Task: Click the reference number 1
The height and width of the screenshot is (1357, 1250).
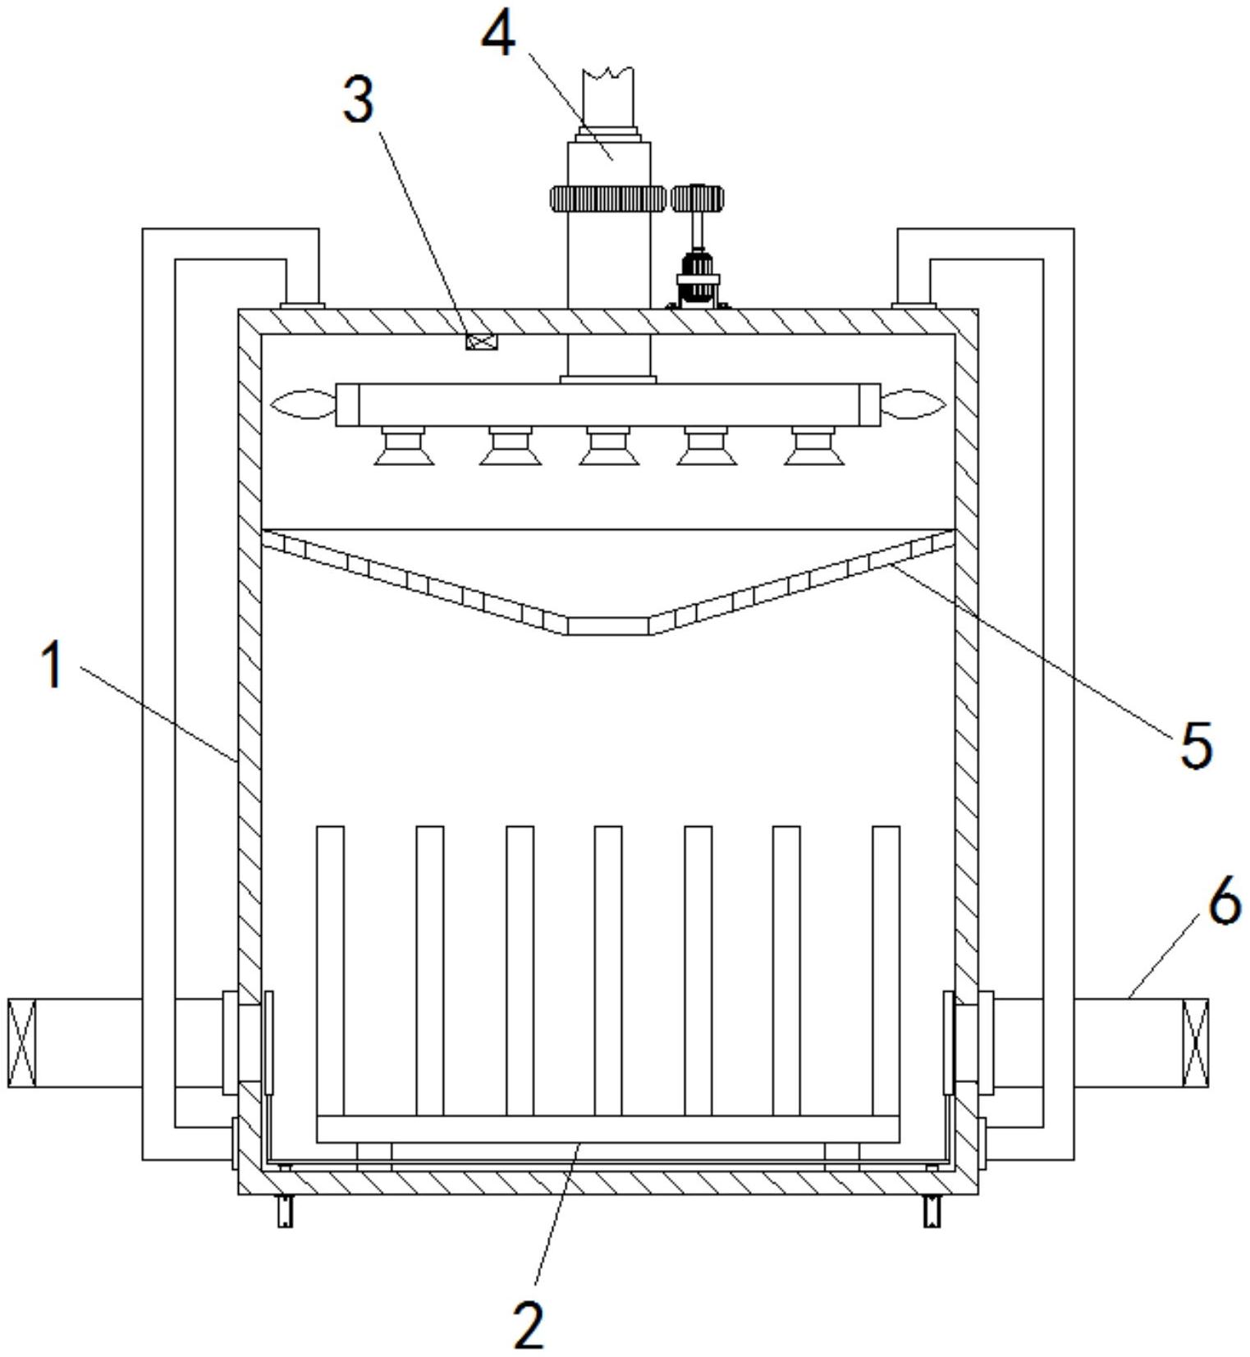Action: [x=53, y=665]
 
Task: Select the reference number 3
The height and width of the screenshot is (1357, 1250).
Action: [x=358, y=101]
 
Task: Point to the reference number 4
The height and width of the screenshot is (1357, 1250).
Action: [x=498, y=34]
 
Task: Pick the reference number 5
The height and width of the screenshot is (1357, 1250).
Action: [x=1195, y=744]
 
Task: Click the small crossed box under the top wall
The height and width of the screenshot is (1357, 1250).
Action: [x=482, y=341]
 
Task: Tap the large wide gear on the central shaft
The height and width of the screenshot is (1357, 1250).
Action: [x=607, y=199]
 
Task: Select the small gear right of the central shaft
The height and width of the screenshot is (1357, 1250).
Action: [x=698, y=198]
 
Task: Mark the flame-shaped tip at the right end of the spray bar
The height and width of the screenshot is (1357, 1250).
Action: [x=913, y=404]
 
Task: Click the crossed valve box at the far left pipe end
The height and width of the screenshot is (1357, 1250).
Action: [x=22, y=1043]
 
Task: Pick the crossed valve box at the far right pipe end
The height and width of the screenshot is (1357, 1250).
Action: [x=1195, y=1043]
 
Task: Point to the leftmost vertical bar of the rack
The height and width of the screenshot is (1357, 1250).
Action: [x=330, y=971]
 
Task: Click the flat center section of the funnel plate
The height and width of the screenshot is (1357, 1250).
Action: [x=607, y=626]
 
